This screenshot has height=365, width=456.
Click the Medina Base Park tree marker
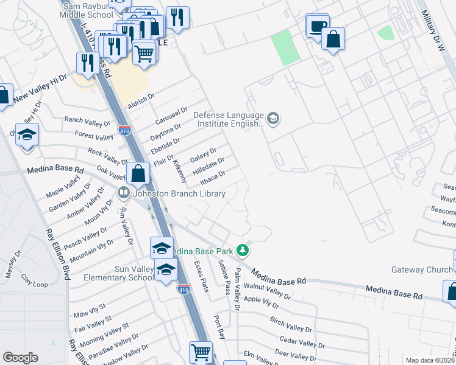click(243, 250)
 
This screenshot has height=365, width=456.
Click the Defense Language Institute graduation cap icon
click(273, 117)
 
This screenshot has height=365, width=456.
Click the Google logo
click(20, 358)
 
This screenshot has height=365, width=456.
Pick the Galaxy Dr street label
click(203, 155)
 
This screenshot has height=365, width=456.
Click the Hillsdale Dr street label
click(208, 166)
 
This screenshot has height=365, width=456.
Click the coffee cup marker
click(318, 27)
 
